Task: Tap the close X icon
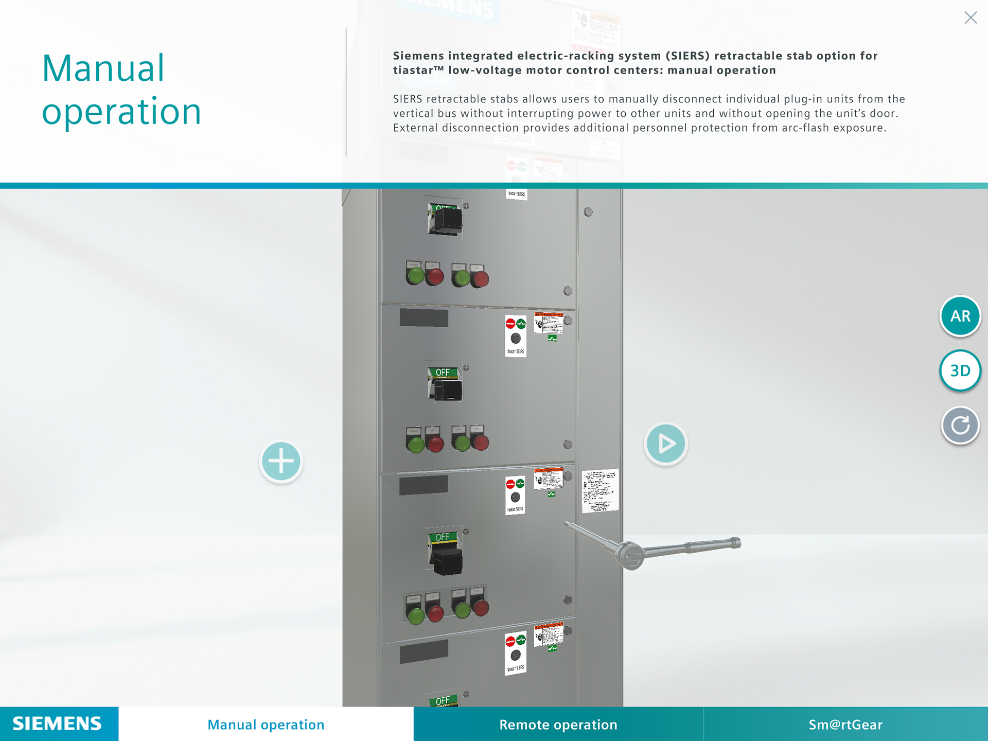click(x=971, y=18)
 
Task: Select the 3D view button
click(x=960, y=370)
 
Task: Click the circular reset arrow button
click(x=960, y=425)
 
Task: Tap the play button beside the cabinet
click(x=665, y=444)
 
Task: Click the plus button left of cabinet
click(x=281, y=461)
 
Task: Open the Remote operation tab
click(x=558, y=725)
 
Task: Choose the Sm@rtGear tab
click(x=845, y=725)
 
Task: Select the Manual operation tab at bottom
click(x=266, y=725)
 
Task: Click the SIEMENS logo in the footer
click(x=58, y=724)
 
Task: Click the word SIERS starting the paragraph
click(x=408, y=99)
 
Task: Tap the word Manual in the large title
click(x=103, y=68)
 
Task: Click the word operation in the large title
click(x=121, y=112)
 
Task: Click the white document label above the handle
click(x=600, y=490)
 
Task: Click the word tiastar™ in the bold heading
click(x=418, y=70)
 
